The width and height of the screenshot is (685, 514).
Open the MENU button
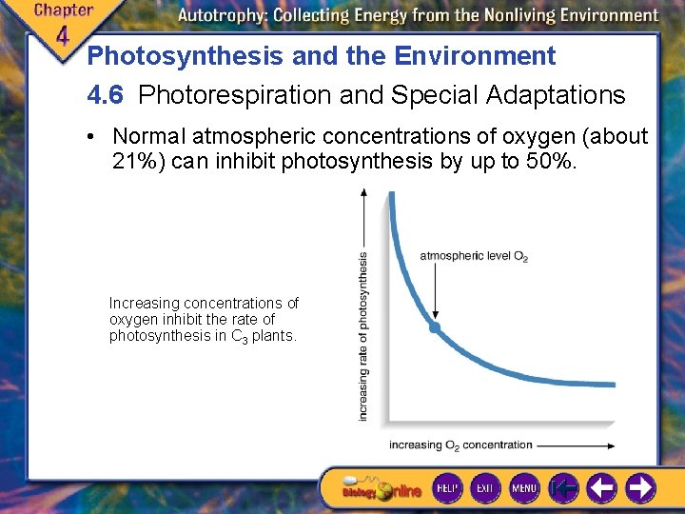tap(524, 487)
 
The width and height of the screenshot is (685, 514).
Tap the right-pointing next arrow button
tap(641, 488)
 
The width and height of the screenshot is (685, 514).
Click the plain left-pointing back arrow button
tap(602, 488)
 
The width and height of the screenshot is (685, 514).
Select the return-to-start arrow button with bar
tap(564, 488)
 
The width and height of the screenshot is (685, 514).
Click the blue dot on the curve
tap(435, 326)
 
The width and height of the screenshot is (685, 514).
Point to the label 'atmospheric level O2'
tap(474, 256)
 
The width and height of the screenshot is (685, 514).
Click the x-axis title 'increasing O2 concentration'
tap(460, 445)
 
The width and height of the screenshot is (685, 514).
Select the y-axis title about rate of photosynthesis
tap(362, 336)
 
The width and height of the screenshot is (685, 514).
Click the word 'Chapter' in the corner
tap(64, 10)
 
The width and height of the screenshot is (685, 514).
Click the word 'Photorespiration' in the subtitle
tap(217, 95)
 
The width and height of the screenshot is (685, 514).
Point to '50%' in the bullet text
tap(549, 161)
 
